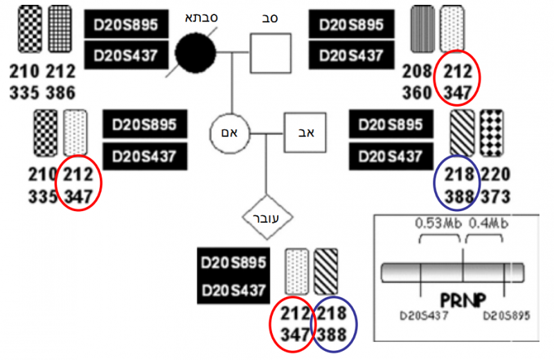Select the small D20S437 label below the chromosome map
[x=424, y=316]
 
